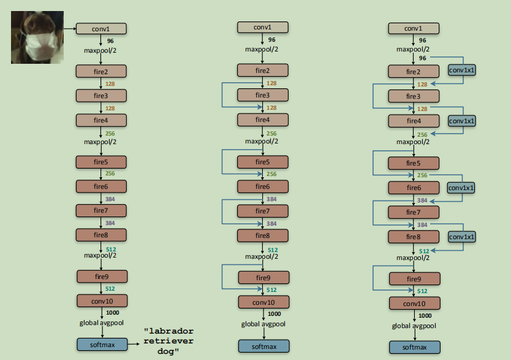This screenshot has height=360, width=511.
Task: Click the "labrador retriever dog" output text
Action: coord(168,341)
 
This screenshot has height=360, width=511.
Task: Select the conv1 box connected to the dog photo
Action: coord(101,28)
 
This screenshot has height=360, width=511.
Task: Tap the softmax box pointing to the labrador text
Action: coord(101,345)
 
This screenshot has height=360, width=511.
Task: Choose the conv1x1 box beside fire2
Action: coord(461,70)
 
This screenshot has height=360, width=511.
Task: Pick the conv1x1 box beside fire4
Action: coord(461,121)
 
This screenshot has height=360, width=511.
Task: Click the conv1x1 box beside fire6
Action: coord(461,187)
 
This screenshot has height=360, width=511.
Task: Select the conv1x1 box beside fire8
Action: coord(461,236)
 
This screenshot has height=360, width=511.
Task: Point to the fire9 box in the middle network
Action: coord(262,278)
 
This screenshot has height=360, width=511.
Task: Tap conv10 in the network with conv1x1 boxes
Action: coord(414,304)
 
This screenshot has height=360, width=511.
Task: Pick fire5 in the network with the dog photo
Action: coord(101,163)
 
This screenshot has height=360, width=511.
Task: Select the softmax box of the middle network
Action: coord(263,347)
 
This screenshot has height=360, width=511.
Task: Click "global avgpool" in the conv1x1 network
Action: coord(414,326)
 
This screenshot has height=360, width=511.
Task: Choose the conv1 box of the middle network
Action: coord(262,27)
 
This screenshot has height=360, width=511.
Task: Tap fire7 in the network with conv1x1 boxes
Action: coord(414,212)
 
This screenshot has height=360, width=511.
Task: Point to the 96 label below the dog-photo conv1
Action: coord(110,40)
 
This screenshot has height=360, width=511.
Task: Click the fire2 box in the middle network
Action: coord(262,71)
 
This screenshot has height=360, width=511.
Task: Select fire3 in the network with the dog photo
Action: coord(101,96)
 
